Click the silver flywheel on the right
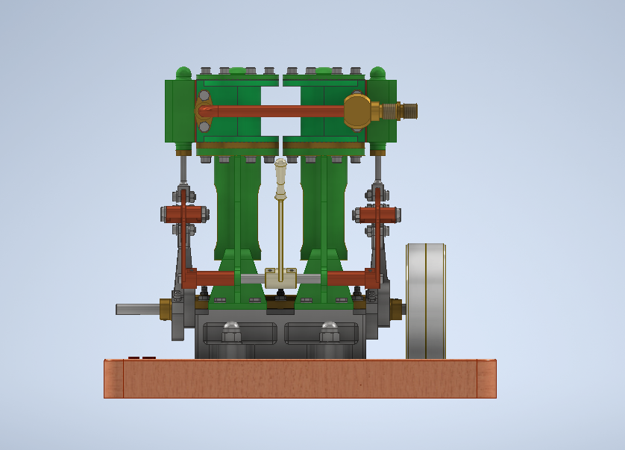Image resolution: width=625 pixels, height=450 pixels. tap(425, 301)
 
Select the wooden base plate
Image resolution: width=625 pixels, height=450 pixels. tap(299, 378)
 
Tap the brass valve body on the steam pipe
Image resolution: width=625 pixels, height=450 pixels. tap(358, 110)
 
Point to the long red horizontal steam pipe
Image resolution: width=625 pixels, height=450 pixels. tap(276, 111)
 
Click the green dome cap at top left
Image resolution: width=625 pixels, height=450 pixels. tap(183, 73)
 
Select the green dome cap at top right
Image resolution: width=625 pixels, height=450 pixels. tap(377, 73)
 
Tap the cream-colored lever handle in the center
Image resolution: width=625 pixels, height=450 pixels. tap(280, 178)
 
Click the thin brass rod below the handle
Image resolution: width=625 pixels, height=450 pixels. tap(280, 231)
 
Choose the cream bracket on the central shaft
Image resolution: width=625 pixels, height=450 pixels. tap(280, 278)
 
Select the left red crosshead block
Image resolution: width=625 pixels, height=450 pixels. tap(183, 214)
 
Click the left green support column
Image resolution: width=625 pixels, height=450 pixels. tap(236, 209)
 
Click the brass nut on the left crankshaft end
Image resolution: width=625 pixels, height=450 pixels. tap(166, 308)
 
